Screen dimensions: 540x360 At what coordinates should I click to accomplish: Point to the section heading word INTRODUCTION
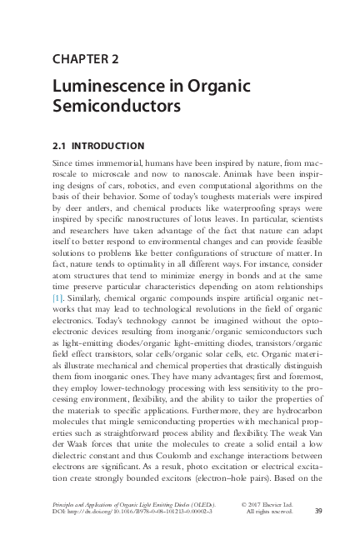[x=111, y=145]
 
